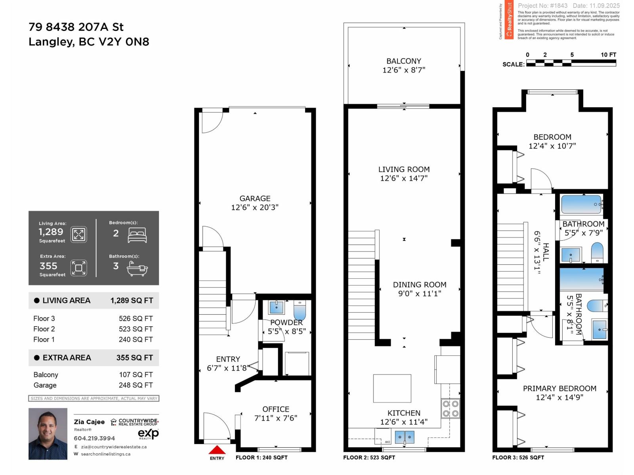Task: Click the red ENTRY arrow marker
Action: click(x=217, y=450)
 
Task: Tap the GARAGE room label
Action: click(x=255, y=198)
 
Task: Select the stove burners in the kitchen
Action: click(x=451, y=408)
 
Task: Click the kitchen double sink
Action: click(x=404, y=437)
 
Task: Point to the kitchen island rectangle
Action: click(x=392, y=388)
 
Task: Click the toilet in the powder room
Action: click(x=300, y=310)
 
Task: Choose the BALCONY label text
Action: click(x=403, y=61)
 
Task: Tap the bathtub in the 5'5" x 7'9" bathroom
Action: click(x=581, y=204)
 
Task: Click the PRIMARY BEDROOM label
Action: click(x=559, y=388)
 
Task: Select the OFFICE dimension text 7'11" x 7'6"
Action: click(x=276, y=418)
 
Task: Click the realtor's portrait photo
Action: click(x=48, y=434)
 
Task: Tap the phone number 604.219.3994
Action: click(x=94, y=438)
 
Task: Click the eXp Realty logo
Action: click(x=148, y=434)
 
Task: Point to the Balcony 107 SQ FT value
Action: click(x=136, y=374)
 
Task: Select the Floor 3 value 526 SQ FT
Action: click(x=136, y=318)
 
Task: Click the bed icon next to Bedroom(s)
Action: click(x=137, y=235)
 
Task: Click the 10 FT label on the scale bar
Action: click(x=608, y=55)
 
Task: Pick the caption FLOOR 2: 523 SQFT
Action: click(x=369, y=457)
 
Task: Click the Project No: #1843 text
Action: click(x=542, y=6)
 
